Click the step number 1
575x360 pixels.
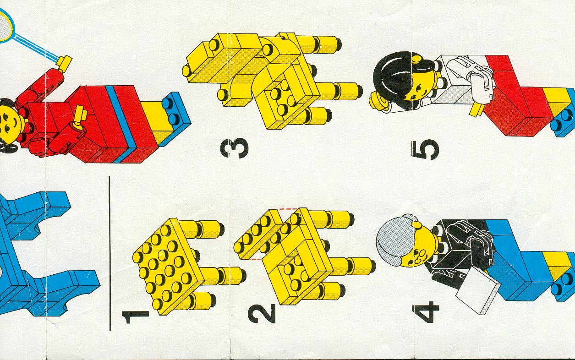click(x=135, y=317)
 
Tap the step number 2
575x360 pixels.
click(x=262, y=314)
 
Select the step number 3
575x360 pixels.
click(x=235, y=148)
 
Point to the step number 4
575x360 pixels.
click(x=425, y=312)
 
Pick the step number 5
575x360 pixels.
click(x=425, y=150)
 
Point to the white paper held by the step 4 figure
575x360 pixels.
click(x=478, y=290)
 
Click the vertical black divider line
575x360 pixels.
click(x=110, y=253)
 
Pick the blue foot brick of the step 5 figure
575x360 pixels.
click(x=564, y=113)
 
